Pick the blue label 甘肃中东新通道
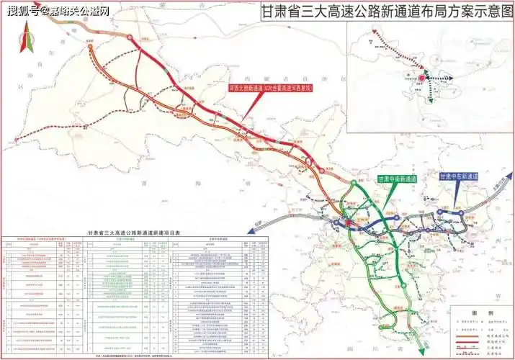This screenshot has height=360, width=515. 460,176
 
